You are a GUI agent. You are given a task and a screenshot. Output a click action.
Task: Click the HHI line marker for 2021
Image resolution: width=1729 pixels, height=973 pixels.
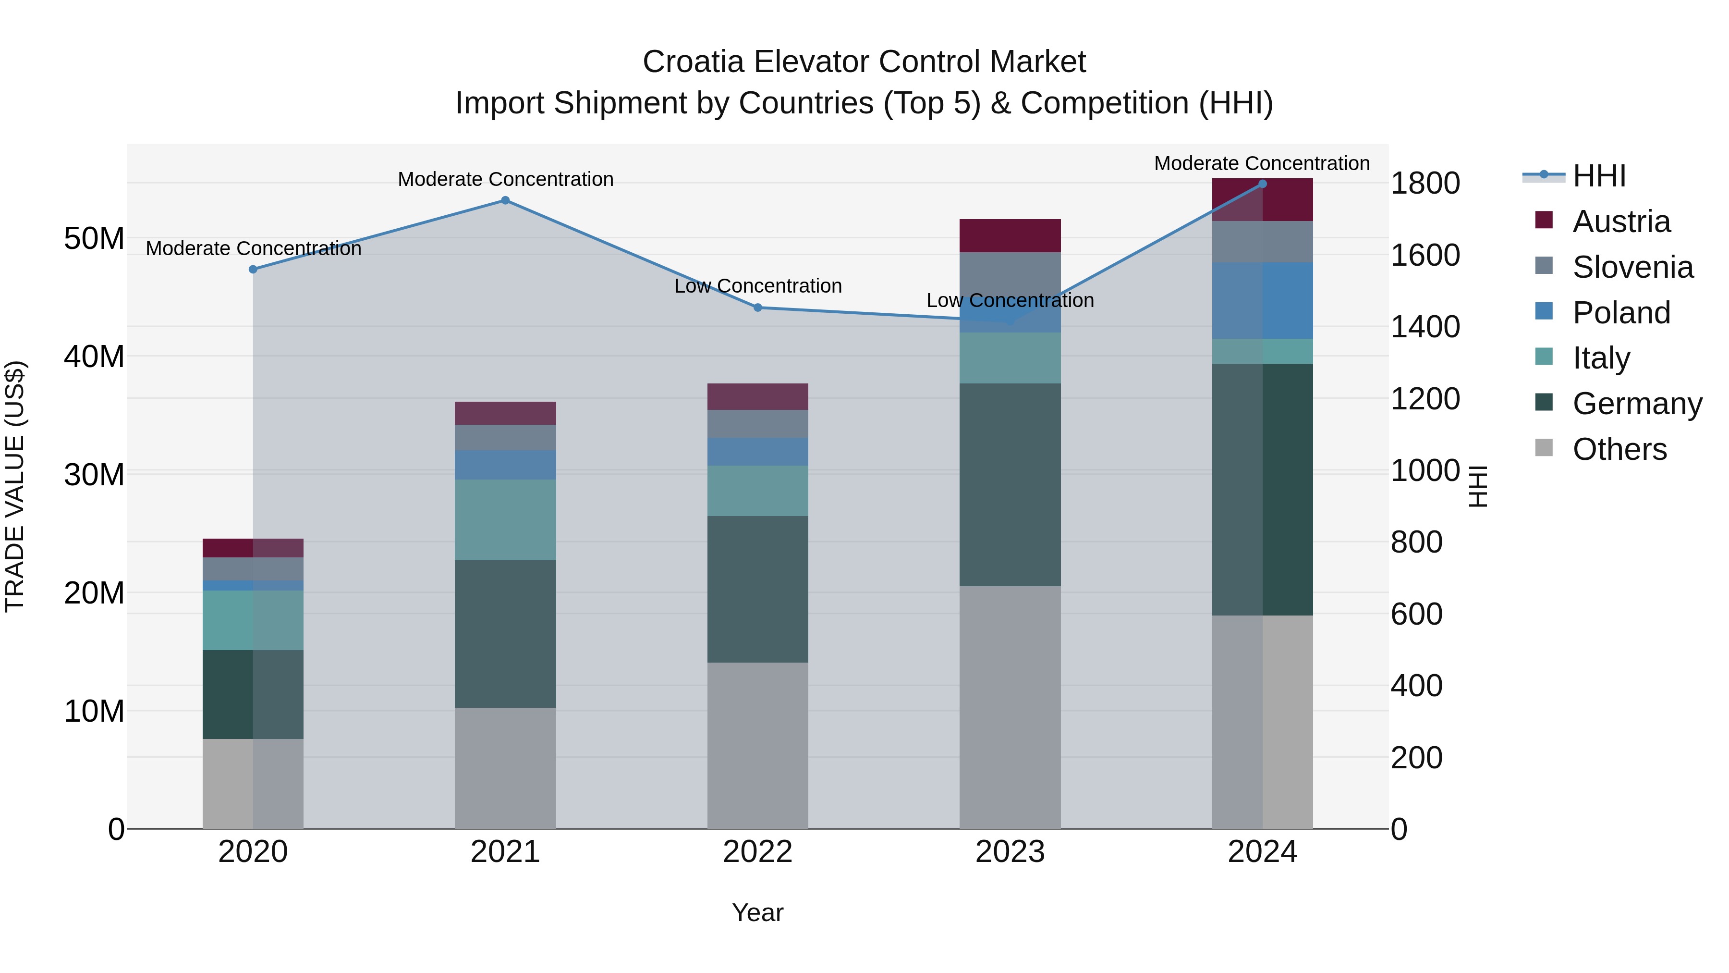(505, 200)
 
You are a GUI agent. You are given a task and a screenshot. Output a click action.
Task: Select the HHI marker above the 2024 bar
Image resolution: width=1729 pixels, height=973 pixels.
(1263, 184)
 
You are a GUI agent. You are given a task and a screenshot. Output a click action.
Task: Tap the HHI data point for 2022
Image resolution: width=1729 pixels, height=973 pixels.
(758, 308)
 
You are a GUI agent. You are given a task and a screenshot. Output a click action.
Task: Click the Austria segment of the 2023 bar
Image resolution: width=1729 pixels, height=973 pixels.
(1010, 236)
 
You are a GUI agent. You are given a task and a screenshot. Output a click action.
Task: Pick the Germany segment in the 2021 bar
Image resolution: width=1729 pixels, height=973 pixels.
(505, 634)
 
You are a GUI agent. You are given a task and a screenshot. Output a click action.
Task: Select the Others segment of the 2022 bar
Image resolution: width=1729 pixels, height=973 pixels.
(758, 745)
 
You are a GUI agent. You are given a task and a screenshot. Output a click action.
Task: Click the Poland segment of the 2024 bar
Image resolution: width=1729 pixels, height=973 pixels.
(1263, 301)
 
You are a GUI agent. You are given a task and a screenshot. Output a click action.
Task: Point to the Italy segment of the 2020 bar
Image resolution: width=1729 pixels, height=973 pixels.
(253, 620)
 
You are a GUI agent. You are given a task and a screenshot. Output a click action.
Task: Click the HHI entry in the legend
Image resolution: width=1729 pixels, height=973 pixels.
(1599, 176)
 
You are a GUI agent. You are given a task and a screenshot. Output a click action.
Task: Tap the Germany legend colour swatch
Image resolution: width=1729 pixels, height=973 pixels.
(1544, 402)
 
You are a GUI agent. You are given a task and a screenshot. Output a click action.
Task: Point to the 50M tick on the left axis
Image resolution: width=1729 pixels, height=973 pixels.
(94, 238)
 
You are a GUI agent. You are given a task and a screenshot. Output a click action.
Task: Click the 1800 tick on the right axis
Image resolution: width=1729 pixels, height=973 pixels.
(1425, 184)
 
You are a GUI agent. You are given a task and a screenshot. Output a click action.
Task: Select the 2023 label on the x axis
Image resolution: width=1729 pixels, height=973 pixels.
(1010, 852)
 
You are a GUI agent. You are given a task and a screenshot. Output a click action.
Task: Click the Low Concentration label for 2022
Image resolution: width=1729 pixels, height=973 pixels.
(758, 286)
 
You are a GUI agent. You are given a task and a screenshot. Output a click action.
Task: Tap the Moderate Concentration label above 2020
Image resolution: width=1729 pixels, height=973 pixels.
(253, 248)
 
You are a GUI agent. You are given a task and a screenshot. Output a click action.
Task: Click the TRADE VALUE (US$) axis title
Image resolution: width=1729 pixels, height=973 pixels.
(15, 486)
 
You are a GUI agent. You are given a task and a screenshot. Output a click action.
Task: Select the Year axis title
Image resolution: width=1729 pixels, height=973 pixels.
(758, 912)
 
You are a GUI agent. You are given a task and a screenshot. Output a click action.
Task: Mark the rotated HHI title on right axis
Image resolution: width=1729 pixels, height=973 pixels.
(1478, 486)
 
